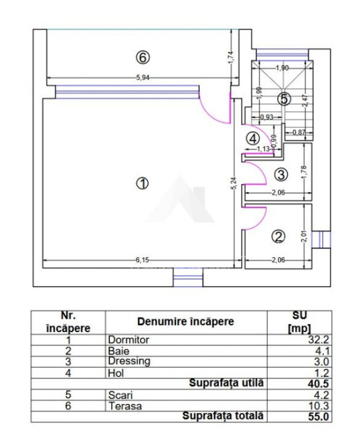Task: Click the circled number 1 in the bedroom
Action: (142, 183)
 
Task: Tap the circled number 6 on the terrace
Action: (142, 58)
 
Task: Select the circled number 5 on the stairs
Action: (284, 98)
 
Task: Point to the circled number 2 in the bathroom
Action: (278, 236)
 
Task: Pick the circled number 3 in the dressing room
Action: (281, 174)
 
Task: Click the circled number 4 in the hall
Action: (253, 138)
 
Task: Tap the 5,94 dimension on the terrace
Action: (143, 78)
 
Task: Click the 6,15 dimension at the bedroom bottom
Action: (142, 260)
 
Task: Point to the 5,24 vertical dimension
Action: (234, 183)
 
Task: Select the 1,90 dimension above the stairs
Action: (282, 68)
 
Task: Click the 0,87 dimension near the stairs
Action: (299, 132)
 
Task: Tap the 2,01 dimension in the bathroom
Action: (304, 236)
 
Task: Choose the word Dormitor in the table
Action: (128, 340)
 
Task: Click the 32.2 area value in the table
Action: (319, 340)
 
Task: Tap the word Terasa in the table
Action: (125, 406)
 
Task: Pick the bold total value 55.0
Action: (319, 417)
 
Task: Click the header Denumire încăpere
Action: (185, 322)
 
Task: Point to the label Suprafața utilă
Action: (226, 383)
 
